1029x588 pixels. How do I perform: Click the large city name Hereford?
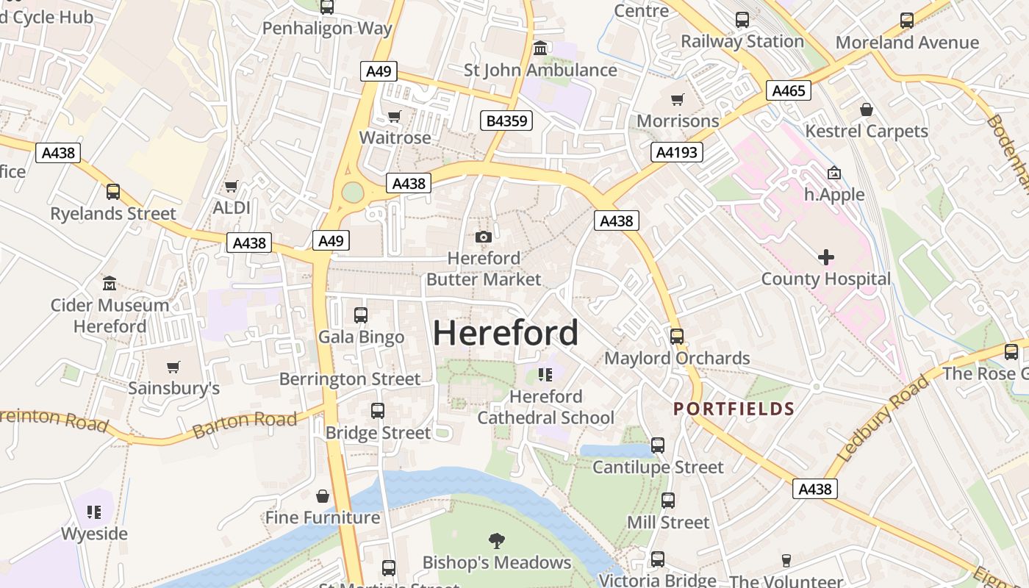(506, 333)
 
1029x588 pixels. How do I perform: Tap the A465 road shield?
(789, 90)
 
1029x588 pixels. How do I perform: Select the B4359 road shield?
(506, 121)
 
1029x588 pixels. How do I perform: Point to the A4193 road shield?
(677, 152)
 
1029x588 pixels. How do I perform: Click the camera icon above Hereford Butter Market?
(483, 237)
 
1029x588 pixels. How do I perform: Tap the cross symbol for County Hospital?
(825, 257)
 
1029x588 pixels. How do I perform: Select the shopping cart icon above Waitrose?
(395, 117)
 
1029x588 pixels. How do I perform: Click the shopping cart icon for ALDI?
(232, 187)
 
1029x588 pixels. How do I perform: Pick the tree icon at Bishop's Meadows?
(497, 541)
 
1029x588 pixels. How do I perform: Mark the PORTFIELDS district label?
(734, 409)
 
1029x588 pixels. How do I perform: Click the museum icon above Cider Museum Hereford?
(110, 283)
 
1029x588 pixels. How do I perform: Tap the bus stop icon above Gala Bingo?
(361, 315)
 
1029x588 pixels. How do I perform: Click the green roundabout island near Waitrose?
(353, 193)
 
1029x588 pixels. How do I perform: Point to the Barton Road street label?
(245, 423)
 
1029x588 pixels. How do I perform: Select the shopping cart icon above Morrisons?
(677, 99)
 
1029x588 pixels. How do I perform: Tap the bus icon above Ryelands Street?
(113, 192)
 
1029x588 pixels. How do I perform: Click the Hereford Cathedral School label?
(545, 407)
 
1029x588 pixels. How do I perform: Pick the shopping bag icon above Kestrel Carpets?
(867, 110)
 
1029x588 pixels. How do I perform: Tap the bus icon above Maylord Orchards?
(677, 337)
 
